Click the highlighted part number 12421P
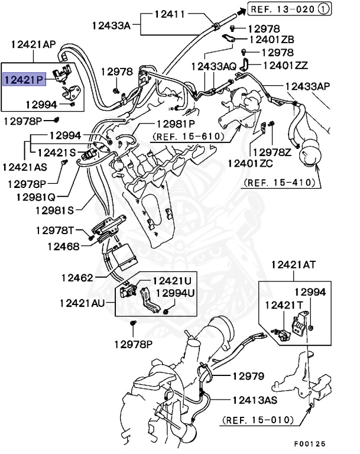(x=24, y=79)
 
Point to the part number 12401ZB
(x=272, y=40)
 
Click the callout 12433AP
(x=308, y=86)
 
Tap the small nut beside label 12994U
(x=167, y=310)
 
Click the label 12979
(x=248, y=376)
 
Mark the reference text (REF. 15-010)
(x=258, y=420)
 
